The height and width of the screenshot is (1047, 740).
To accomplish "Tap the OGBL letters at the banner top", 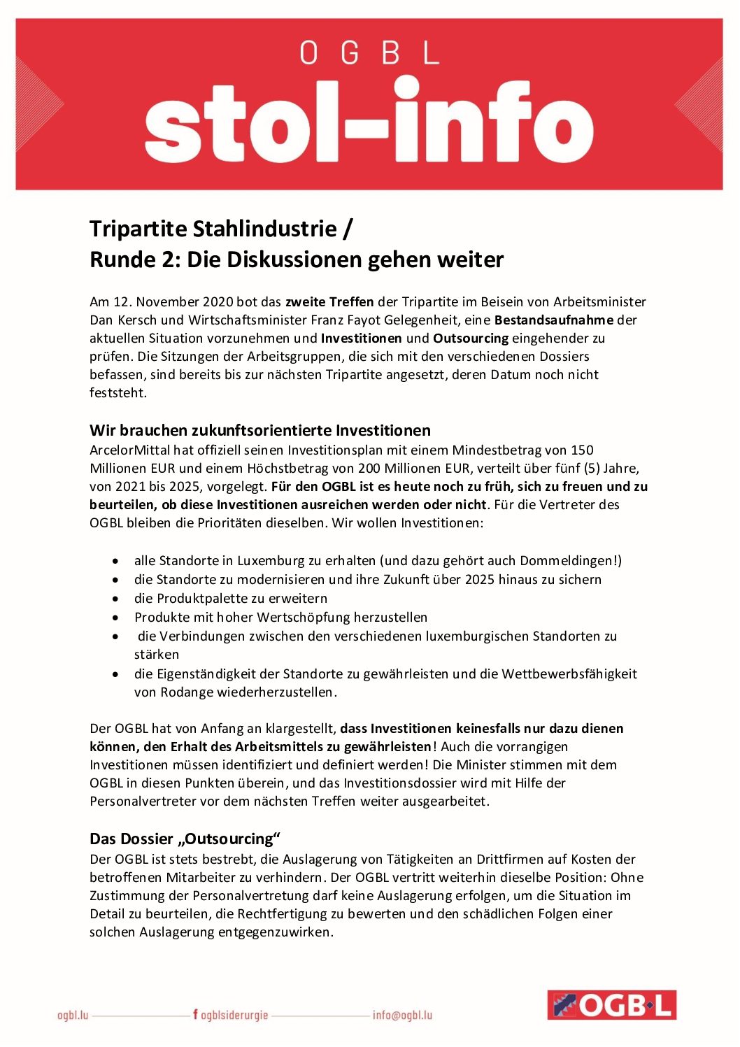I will (369, 52).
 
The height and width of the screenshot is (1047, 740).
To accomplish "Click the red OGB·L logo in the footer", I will (611, 1005).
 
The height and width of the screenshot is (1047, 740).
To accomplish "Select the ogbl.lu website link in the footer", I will (73, 1015).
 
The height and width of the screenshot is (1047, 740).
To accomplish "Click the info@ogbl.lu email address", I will (402, 1015).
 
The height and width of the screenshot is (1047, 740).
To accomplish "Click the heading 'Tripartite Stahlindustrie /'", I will (221, 229).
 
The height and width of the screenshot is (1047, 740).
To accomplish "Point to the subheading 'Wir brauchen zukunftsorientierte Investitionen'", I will (259, 430).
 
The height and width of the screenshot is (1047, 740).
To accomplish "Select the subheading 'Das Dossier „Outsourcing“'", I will (185, 839).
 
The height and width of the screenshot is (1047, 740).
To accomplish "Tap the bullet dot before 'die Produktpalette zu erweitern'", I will (115, 599).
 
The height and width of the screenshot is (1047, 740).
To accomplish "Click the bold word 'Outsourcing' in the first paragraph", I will (470, 339).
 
